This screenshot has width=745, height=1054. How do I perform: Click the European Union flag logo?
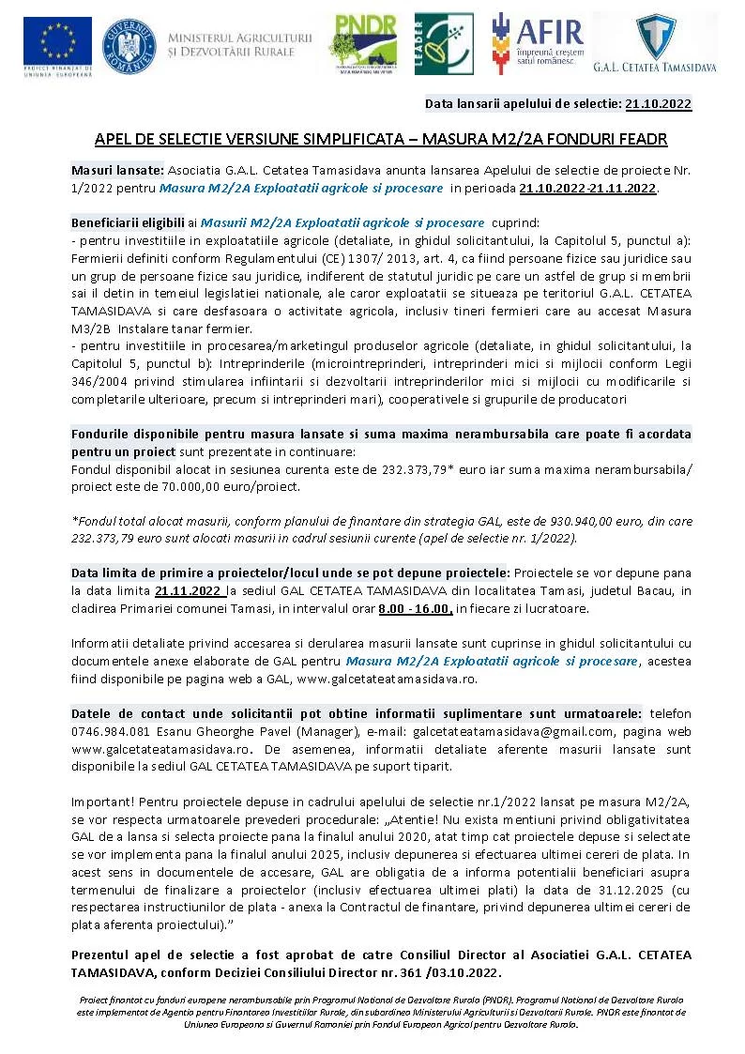tap(57, 41)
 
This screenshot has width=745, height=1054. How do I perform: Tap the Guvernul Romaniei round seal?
tap(129, 44)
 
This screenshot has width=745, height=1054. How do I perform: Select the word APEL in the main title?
tap(111, 139)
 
